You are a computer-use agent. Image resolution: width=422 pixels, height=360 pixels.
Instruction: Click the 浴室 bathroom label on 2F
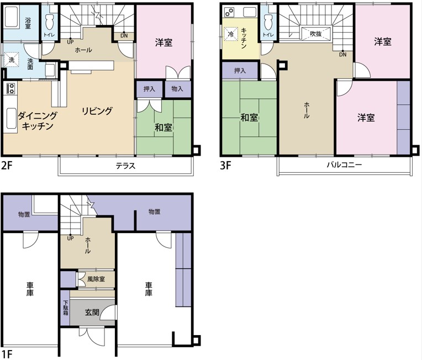[28, 23]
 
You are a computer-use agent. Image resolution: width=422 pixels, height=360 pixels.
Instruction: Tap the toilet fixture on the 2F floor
[50, 22]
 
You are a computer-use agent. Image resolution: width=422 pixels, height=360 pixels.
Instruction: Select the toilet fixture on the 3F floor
[268, 22]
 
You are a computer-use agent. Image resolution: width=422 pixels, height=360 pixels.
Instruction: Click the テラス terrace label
[125, 166]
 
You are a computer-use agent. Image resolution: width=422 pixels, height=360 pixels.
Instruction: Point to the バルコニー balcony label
[344, 165]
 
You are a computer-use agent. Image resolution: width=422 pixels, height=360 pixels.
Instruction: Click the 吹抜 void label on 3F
[316, 34]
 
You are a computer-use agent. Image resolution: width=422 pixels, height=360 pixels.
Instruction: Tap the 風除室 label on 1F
[96, 279]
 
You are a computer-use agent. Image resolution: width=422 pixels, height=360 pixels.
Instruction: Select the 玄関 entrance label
[92, 313]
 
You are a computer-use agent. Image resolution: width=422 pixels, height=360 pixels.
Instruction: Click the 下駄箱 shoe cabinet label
[65, 308]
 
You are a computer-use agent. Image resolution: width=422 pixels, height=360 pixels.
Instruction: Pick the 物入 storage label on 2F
[177, 88]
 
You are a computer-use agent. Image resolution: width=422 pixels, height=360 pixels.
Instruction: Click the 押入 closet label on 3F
[240, 71]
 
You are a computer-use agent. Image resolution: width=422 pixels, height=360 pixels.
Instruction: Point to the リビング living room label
[97, 111]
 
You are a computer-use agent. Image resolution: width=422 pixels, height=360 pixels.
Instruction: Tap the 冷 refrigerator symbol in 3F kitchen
[231, 34]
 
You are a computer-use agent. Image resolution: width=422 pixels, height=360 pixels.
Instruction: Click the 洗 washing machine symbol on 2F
[12, 60]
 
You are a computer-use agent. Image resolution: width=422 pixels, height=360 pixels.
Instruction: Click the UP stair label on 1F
[70, 238]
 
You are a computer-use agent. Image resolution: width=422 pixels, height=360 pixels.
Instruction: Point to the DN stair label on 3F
[343, 55]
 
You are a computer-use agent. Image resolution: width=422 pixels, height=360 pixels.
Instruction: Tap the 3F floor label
[225, 165]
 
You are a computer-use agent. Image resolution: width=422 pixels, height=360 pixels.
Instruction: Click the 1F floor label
[7, 354]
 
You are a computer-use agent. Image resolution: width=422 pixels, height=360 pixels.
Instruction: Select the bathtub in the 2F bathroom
[11, 17]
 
